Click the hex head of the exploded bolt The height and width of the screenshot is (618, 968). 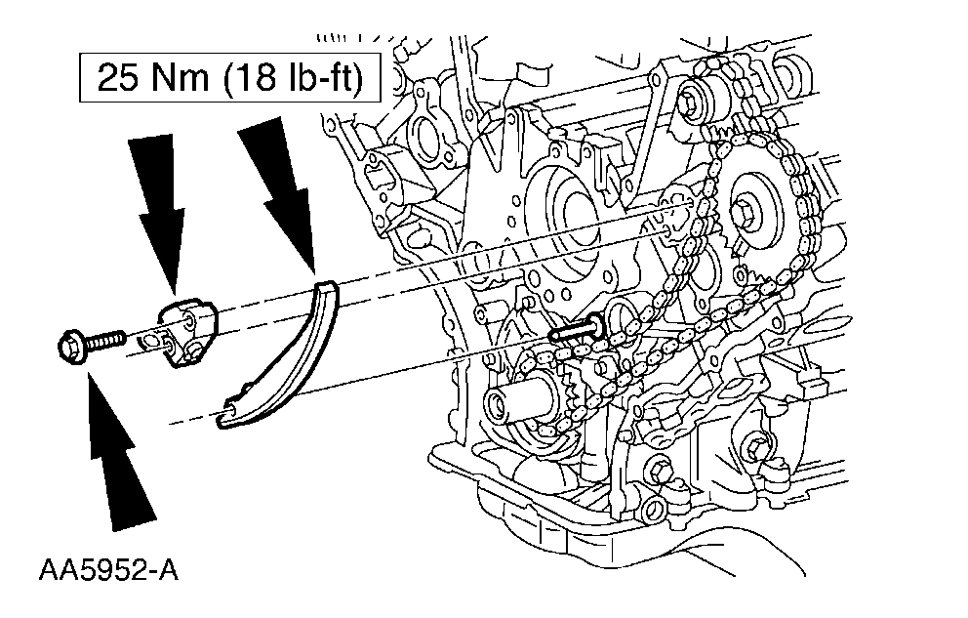click(70, 346)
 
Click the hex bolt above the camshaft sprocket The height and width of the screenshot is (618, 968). click(696, 98)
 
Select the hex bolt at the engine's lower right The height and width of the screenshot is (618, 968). click(756, 449)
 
